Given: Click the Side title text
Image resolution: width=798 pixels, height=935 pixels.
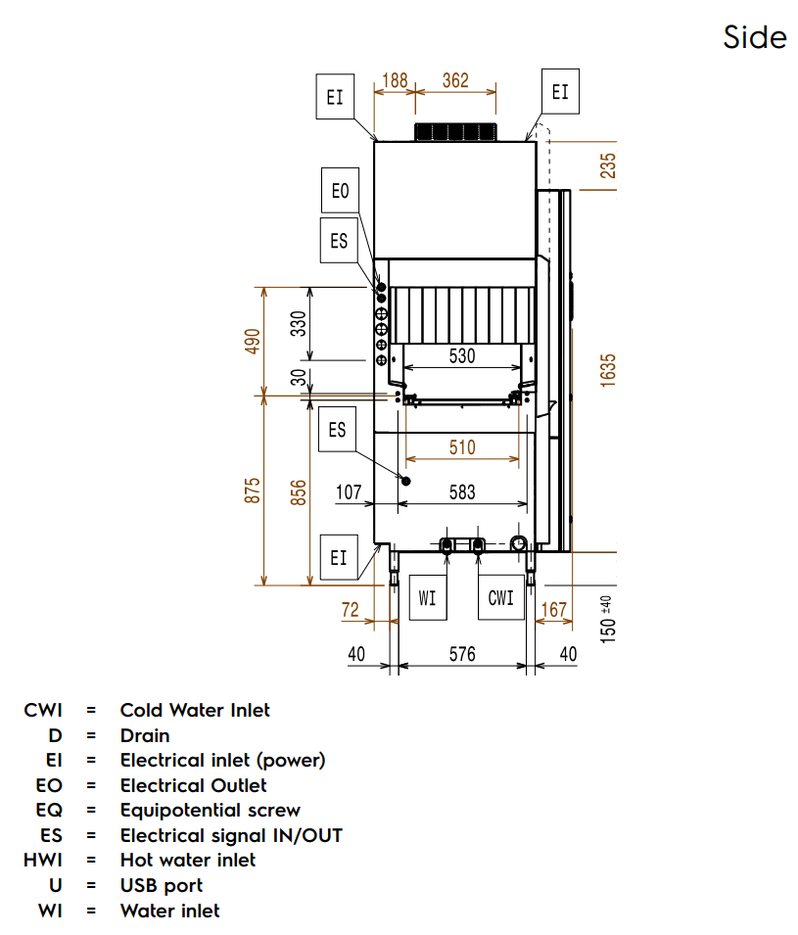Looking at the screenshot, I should (x=755, y=37).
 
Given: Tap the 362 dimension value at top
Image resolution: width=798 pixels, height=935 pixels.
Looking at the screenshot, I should (x=455, y=81).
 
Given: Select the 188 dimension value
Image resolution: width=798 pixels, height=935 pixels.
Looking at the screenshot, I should (x=394, y=81).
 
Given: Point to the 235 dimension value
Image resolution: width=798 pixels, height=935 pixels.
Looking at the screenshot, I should (x=608, y=166).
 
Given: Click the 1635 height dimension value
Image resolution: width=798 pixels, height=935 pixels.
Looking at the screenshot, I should (x=608, y=371).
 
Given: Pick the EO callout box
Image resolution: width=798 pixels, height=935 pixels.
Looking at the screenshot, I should (x=340, y=191).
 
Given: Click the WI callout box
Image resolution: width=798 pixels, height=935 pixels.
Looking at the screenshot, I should (x=427, y=597).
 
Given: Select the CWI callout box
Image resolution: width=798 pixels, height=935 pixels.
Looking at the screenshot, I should (x=500, y=597).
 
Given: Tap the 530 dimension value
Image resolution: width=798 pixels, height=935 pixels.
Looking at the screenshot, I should (x=462, y=356).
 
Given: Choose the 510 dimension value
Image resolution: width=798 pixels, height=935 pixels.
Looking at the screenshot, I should (x=462, y=447).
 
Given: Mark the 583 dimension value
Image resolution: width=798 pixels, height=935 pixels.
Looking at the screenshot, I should (x=462, y=491).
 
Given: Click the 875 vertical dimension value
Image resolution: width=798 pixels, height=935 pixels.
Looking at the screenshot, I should (x=254, y=491).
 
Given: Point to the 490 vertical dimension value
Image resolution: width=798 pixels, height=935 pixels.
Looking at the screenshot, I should (x=254, y=341).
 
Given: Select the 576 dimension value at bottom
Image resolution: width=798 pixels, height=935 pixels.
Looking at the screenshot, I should (x=462, y=653).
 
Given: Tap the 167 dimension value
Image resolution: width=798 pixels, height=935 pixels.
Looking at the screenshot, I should (x=554, y=610).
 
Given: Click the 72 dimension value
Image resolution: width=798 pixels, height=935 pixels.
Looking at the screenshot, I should (x=351, y=610).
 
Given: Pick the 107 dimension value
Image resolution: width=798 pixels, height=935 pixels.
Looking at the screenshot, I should (x=349, y=491).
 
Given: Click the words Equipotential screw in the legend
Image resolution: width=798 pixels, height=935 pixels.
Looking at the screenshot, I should (x=210, y=811).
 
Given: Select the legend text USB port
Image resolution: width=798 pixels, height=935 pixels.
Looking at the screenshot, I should (x=162, y=885).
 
